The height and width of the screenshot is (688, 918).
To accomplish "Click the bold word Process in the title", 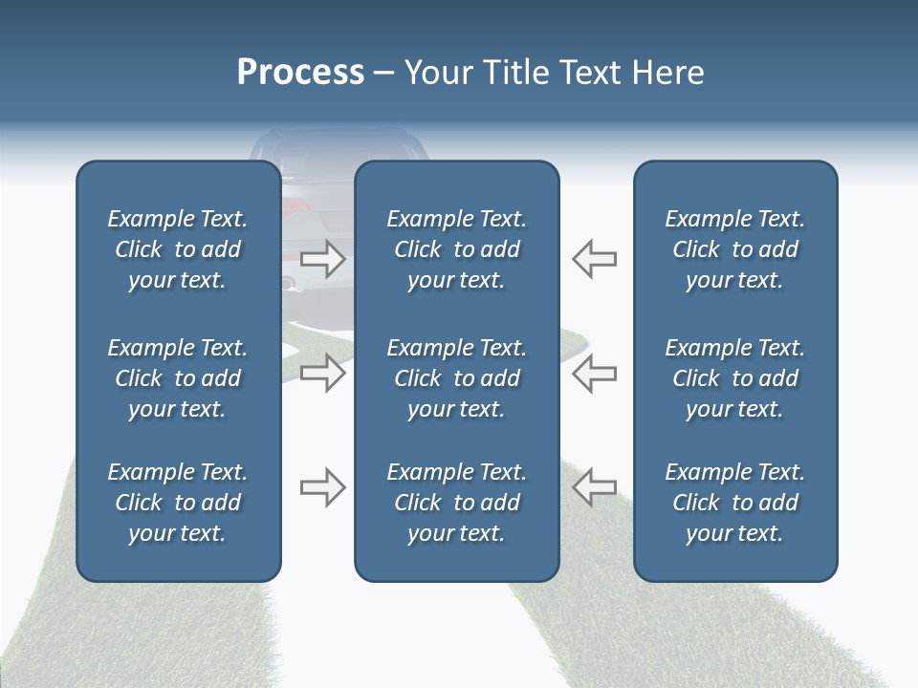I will tap(300, 73).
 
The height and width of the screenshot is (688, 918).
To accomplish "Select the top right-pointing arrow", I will tap(322, 258).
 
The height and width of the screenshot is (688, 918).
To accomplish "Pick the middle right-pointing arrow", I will tap(322, 373).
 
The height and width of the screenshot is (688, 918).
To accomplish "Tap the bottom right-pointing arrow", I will tap(322, 488).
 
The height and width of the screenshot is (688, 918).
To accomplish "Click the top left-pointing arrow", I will tap(595, 258).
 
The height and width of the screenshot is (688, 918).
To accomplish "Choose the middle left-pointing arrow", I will tap(595, 373).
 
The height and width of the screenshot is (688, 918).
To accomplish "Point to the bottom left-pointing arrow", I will tap(595, 488).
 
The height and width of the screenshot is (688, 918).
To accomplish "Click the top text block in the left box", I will tap(178, 249).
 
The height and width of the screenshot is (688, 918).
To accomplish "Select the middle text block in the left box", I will tap(178, 378).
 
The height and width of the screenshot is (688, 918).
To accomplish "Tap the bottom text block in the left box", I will tap(178, 503).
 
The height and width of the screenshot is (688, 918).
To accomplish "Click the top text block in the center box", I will tap(456, 249).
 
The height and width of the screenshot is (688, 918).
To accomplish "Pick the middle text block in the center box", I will tap(456, 378).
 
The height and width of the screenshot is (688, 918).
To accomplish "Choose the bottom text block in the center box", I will tap(456, 503).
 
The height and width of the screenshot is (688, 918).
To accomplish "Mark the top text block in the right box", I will tap(734, 249).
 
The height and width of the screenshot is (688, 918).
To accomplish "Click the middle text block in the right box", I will tap(734, 378).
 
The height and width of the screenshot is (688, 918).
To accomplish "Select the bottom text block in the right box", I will tap(734, 503).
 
